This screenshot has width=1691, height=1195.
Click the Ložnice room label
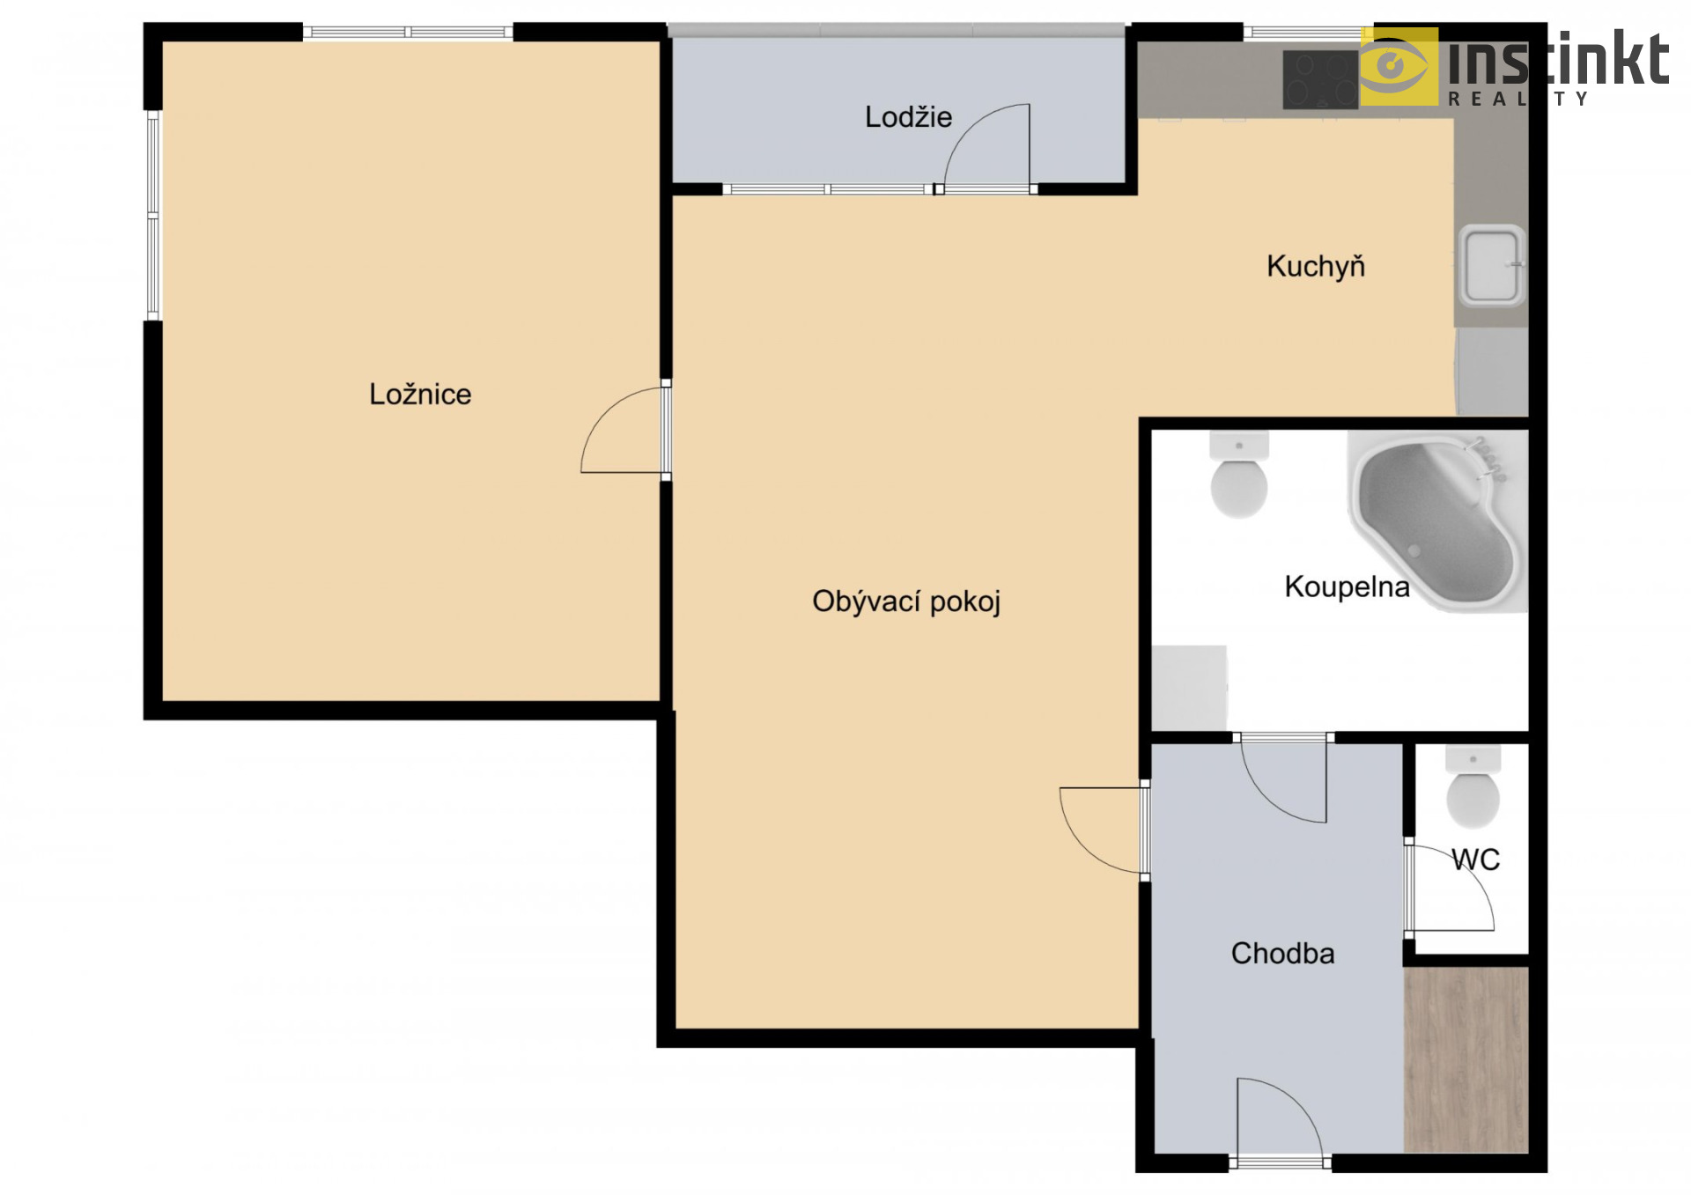tap(420, 394)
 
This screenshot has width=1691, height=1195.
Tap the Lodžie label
tap(908, 116)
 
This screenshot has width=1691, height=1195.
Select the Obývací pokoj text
tap(906, 601)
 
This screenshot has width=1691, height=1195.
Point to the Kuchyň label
tap(1316, 266)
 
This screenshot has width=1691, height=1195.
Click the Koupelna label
tap(1347, 586)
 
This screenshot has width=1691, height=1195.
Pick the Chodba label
tap(1282, 953)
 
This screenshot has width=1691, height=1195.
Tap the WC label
tap(1476, 859)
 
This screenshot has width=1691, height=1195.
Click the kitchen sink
tap(1492, 265)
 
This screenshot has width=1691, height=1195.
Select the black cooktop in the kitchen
tap(1321, 79)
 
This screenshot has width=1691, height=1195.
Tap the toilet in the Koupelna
tap(1239, 475)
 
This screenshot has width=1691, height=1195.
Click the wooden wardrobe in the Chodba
tap(1466, 1060)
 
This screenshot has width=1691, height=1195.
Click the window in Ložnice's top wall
tap(408, 33)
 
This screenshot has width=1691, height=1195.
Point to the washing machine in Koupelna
tap(1189, 688)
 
